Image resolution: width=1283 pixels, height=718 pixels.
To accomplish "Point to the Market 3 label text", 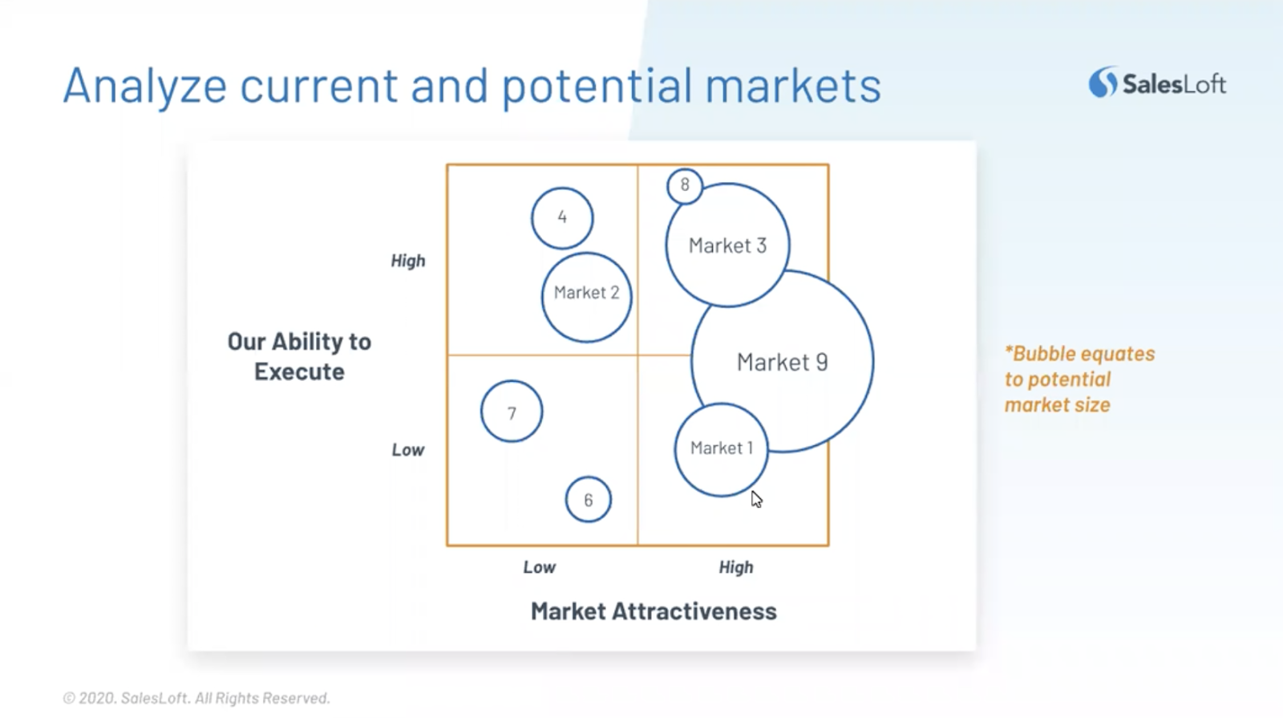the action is pyautogui.click(x=727, y=245).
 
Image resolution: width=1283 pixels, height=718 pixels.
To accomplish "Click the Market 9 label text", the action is pyautogui.click(x=783, y=362).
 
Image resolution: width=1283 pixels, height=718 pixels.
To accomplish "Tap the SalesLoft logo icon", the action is pyautogui.click(x=1103, y=82).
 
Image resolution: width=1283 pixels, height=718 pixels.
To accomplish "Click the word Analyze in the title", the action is pyautogui.click(x=145, y=86).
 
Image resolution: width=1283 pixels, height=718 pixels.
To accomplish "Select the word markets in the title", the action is pyautogui.click(x=793, y=85).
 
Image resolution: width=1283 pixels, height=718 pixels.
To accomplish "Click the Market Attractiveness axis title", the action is pyautogui.click(x=654, y=611).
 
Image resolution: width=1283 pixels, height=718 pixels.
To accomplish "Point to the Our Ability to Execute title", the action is pyautogui.click(x=299, y=356).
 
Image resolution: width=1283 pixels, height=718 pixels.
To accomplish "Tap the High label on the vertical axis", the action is pyautogui.click(x=408, y=261).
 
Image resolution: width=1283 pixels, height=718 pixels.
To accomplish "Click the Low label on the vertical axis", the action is pyautogui.click(x=408, y=450).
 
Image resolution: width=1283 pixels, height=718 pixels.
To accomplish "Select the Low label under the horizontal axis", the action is pyautogui.click(x=539, y=567).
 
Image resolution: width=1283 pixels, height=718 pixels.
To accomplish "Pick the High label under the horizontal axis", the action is pyautogui.click(x=736, y=567).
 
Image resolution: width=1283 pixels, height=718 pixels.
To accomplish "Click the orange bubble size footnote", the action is pyautogui.click(x=1079, y=379).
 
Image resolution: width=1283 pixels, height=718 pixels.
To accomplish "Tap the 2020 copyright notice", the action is pyautogui.click(x=196, y=698).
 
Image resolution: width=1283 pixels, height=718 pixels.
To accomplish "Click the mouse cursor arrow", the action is pyautogui.click(x=756, y=499).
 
